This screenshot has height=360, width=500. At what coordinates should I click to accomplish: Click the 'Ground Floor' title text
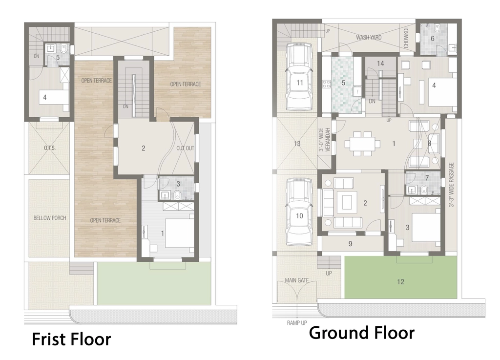click(x=362, y=333)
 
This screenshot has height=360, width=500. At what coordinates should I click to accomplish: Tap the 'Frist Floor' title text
click(x=71, y=339)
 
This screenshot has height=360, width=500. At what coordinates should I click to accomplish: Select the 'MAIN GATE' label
click(x=296, y=280)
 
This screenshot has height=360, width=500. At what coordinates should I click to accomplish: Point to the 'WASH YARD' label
click(x=369, y=37)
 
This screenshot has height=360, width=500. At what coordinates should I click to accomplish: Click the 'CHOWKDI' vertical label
click(x=406, y=38)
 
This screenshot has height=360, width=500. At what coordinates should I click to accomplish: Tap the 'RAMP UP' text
click(x=296, y=323)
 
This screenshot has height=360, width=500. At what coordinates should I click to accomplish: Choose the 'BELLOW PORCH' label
click(x=50, y=218)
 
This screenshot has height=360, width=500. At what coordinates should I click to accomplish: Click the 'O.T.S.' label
click(x=50, y=148)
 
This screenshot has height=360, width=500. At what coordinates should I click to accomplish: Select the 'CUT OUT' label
click(x=185, y=148)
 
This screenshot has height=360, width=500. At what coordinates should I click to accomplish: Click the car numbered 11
click(x=299, y=77)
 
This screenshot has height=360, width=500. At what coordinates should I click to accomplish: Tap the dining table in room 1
click(x=362, y=144)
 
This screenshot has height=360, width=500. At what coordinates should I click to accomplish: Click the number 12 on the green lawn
click(x=400, y=282)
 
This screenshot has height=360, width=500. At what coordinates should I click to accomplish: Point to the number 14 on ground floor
click(x=380, y=64)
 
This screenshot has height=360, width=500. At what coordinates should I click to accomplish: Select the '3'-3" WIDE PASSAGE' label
click(x=451, y=185)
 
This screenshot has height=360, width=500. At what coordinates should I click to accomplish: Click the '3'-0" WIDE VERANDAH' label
click(x=324, y=140)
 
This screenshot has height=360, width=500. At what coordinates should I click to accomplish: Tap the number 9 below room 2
click(x=350, y=244)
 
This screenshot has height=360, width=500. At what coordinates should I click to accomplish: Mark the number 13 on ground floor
click(x=297, y=144)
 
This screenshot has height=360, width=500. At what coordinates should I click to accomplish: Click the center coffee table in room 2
click(x=347, y=202)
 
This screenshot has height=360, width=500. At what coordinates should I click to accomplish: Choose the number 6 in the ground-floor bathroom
click(x=433, y=39)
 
